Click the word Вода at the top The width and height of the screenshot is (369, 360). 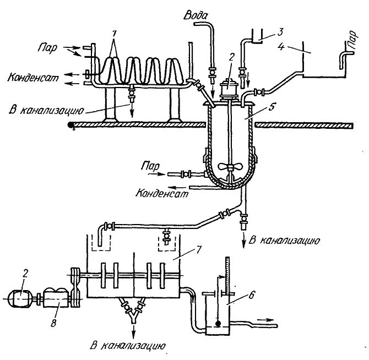pos(196,15)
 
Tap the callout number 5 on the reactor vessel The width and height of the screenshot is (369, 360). pos(272,107)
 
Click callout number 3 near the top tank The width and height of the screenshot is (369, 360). pos(280,32)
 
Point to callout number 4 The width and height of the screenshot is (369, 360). pos(281,46)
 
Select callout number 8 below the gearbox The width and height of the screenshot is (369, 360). pos(53,323)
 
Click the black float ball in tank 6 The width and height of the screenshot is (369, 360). pos(218,324)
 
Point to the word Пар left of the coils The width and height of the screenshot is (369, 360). pos(47,48)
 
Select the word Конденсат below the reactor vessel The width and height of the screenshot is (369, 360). pos(162,194)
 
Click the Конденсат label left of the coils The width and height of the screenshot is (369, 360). pos(32,78)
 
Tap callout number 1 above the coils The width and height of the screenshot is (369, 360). pos(114,34)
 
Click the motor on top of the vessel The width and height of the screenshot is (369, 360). pos(228,89)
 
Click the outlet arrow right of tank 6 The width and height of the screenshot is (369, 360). pos(265,320)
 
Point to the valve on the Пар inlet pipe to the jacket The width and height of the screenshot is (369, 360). pos(186,174)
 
